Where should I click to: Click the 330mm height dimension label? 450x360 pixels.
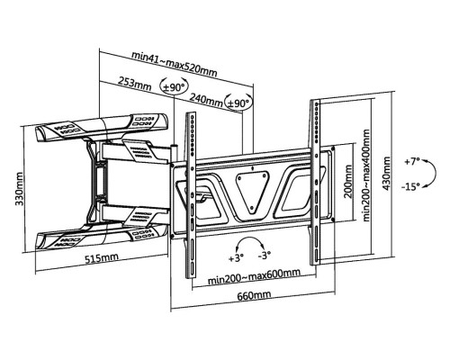(x=20, y=189)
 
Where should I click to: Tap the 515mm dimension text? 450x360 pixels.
(x=102, y=258)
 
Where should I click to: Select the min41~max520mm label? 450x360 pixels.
(x=175, y=64)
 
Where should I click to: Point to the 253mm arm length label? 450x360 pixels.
(x=134, y=83)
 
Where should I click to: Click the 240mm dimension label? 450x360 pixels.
(x=206, y=99)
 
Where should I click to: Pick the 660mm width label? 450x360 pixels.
(x=254, y=296)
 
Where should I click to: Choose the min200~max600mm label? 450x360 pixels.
(x=254, y=277)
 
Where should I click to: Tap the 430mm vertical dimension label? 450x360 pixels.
(x=387, y=174)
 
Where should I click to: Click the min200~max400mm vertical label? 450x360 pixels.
(x=366, y=175)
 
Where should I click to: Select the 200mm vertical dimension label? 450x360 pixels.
(x=348, y=181)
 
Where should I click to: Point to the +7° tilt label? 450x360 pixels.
(x=411, y=162)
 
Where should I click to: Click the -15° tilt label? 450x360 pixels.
(x=410, y=187)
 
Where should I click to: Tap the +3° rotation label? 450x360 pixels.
(x=236, y=258)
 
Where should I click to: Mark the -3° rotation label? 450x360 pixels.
(x=265, y=256)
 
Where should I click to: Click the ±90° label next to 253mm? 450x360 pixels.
(x=174, y=87)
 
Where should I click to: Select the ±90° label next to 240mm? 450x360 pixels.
(x=238, y=103)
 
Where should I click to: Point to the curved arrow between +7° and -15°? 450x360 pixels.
(x=434, y=174)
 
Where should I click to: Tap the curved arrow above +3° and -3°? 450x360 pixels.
(x=249, y=238)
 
